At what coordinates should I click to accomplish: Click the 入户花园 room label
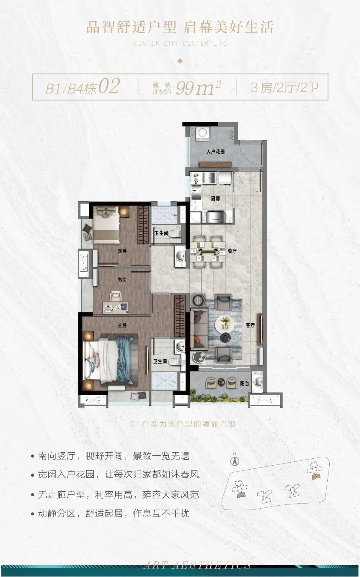215,152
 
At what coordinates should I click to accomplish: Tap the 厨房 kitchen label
215,198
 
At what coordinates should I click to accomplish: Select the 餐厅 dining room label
232,251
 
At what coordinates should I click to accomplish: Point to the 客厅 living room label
250,325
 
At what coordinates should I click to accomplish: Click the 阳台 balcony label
245,384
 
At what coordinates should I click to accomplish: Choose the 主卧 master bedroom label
122,325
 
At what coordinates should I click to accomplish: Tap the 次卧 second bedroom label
122,251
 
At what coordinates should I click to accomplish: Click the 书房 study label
122,280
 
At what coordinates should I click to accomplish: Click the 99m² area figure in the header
198,87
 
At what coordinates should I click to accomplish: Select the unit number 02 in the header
109,87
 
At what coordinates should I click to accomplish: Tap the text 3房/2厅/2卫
285,88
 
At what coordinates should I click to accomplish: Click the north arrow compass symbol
235,461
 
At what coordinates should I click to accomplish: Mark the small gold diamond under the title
180,61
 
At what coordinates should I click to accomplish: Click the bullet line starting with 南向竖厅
113,456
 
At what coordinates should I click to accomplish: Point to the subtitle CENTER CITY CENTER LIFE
180,43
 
